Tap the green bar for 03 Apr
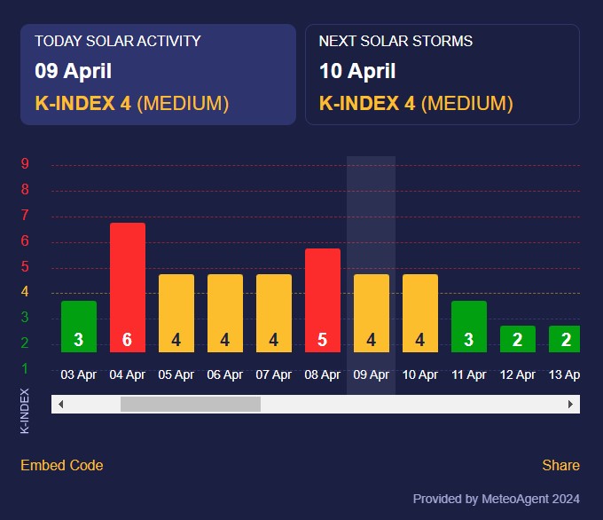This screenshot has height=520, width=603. point(78,326)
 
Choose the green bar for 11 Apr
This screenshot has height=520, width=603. point(468,326)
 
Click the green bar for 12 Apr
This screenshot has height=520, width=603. point(517,338)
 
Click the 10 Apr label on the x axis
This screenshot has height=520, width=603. point(419,374)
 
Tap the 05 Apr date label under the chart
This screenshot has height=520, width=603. point(176,374)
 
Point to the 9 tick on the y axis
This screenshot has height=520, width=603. point(25,164)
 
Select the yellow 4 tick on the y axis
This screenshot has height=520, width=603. point(25,292)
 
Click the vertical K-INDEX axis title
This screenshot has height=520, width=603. point(25,410)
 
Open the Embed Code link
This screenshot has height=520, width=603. point(61,465)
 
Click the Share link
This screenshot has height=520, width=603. point(560,465)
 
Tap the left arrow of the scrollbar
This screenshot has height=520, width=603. point(60,404)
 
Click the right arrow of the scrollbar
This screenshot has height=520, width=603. point(571,404)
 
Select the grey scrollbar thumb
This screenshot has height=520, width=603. point(191,404)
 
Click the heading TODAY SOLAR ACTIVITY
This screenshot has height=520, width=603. point(117,41)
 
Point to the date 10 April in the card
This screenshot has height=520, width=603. point(356,71)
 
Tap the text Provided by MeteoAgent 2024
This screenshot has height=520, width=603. point(496,499)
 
